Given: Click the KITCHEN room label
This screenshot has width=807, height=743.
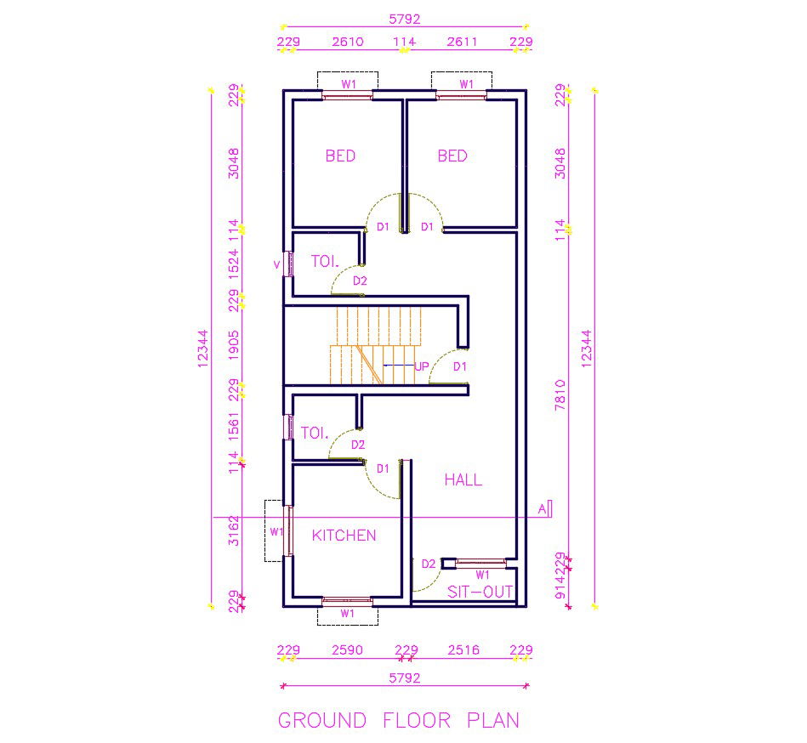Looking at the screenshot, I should click(344, 536).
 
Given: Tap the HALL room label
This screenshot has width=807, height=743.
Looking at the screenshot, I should click(463, 480).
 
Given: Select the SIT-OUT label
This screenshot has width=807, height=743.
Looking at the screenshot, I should click(480, 592).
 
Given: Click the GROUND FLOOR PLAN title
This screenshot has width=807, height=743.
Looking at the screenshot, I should click(399, 720).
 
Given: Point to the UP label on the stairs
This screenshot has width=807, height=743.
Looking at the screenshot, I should click(421, 367).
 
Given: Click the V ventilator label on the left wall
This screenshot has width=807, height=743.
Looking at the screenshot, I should click(276, 264).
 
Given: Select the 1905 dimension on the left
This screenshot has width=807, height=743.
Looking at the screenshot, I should click(234, 345).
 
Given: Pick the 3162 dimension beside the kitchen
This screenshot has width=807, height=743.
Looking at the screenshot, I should click(234, 530).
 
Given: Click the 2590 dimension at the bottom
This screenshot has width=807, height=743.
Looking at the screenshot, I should click(347, 650).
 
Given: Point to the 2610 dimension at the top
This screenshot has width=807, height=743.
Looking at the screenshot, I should click(347, 42).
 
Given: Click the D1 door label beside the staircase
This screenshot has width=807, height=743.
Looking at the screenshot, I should click(460, 366).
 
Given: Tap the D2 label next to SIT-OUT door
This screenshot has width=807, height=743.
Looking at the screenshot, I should click(429, 564).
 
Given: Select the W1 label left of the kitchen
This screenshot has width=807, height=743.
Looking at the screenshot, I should click(276, 532).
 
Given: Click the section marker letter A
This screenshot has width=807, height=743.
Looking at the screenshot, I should click(541, 509).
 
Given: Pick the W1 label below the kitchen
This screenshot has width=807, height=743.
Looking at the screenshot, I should click(347, 613).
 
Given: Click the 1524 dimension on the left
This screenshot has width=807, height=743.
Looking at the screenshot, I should click(234, 263).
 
